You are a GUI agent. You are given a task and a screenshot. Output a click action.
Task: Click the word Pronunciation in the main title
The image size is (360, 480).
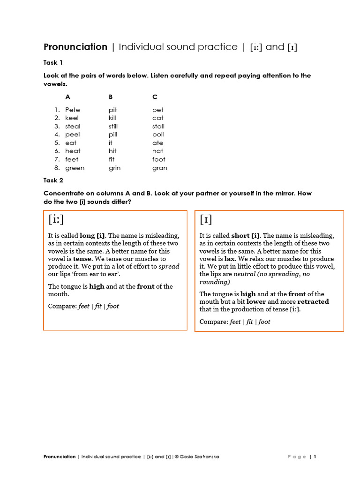click(x=75, y=47)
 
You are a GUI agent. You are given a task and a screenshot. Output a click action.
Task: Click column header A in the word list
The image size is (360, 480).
click(x=67, y=97)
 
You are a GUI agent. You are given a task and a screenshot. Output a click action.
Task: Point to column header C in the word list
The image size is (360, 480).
click(x=155, y=97)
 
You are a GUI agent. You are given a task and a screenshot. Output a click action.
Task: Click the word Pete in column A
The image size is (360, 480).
click(x=73, y=110)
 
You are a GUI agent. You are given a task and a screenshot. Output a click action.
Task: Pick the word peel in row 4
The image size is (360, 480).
click(x=73, y=135)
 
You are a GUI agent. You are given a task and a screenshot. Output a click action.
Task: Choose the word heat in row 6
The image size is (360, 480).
click(x=73, y=151)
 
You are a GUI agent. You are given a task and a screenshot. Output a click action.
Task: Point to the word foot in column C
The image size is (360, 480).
click(x=158, y=159)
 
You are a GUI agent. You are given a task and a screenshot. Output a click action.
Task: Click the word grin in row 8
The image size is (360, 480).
click(x=114, y=168)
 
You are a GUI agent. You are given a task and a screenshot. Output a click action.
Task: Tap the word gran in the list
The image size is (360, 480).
click(x=159, y=168)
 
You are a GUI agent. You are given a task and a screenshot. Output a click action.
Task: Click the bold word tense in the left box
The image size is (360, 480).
click(x=82, y=259)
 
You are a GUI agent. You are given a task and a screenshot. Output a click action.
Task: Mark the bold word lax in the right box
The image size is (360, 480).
click(x=230, y=259)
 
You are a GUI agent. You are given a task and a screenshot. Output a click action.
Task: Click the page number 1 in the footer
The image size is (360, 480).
click(x=315, y=457)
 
